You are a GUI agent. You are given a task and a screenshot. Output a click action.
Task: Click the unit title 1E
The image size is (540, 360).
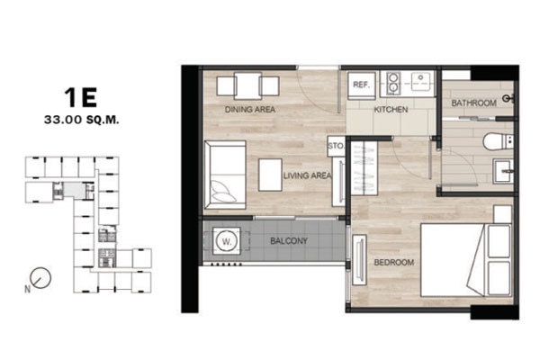81,97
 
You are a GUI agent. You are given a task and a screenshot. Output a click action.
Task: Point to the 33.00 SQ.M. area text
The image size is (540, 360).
82,120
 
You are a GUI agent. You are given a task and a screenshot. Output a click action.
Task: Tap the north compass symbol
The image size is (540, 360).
40,278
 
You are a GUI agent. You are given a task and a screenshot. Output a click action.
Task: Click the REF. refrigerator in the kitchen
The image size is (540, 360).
361,85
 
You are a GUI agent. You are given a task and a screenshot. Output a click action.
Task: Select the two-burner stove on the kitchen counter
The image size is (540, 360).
391,83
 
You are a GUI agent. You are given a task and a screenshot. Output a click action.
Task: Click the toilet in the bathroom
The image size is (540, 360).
498,141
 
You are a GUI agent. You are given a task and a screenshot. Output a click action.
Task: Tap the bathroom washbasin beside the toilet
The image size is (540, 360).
503,170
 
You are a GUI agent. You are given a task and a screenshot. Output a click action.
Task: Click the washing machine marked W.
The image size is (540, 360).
227,241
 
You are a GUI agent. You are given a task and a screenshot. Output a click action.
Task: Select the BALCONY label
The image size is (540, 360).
289,241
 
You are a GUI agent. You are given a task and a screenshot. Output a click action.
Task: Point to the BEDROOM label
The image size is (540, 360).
394,263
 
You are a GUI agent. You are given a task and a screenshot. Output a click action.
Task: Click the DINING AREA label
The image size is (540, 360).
250,110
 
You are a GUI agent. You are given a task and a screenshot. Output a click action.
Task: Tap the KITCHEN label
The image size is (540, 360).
391,110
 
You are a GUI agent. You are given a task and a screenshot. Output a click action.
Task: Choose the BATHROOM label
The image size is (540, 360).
474,103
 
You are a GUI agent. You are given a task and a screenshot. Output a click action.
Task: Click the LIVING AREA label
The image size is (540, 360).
307,175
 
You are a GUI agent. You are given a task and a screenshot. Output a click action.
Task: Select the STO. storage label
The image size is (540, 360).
336,146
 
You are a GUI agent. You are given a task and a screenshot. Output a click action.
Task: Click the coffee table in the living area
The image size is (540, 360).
270,175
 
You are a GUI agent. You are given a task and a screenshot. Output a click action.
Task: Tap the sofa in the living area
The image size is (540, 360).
225,175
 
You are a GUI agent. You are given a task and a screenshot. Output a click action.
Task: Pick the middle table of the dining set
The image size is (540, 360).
247,85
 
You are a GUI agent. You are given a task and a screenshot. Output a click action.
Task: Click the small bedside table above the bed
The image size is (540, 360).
502,214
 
